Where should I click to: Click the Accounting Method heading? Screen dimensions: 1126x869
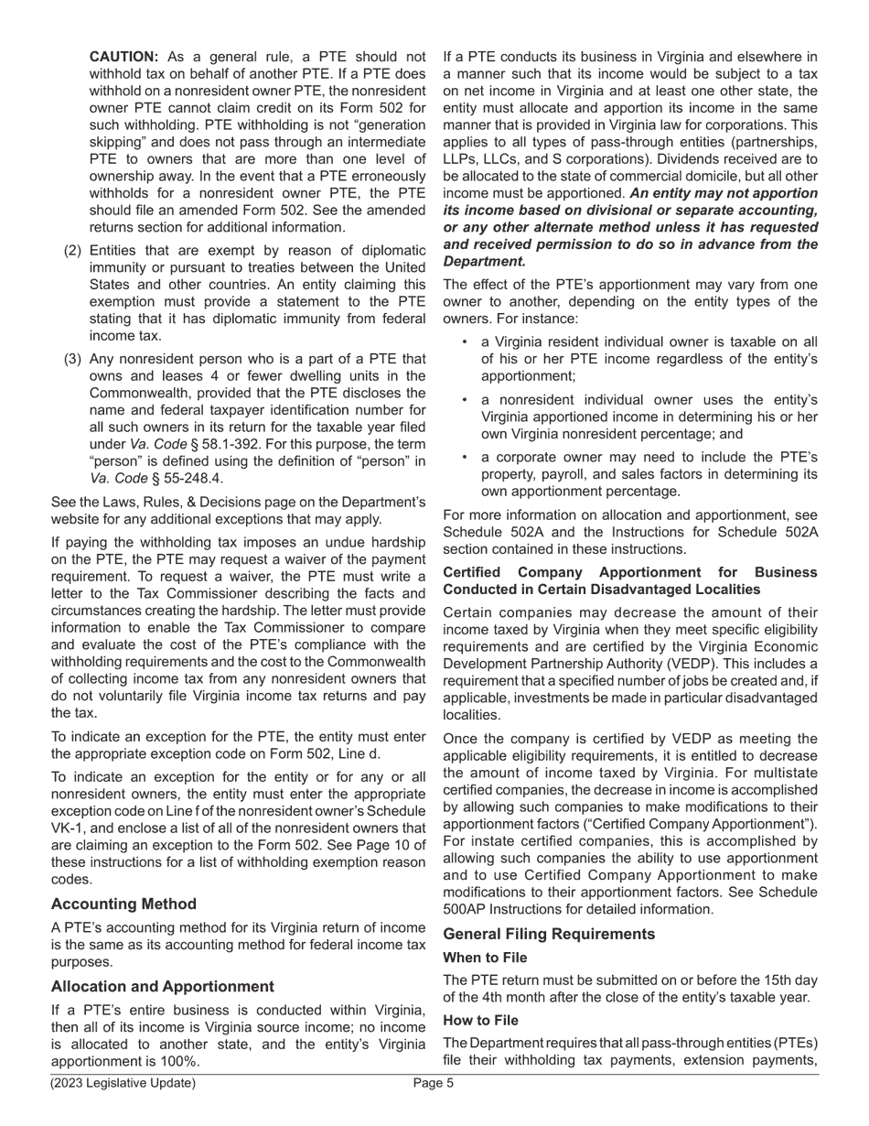pos(123,904)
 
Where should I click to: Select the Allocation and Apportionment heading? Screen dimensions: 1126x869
pos(162,986)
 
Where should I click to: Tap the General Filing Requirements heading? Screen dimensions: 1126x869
pos(549,934)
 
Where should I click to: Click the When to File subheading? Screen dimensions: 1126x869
pos(485,958)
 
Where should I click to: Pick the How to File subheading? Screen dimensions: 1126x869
pos(480,1020)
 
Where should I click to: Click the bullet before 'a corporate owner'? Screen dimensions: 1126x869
pos(465,457)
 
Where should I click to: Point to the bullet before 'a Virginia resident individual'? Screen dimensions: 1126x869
pos(465,341)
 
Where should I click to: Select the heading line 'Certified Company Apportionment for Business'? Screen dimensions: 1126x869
pos(629,572)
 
